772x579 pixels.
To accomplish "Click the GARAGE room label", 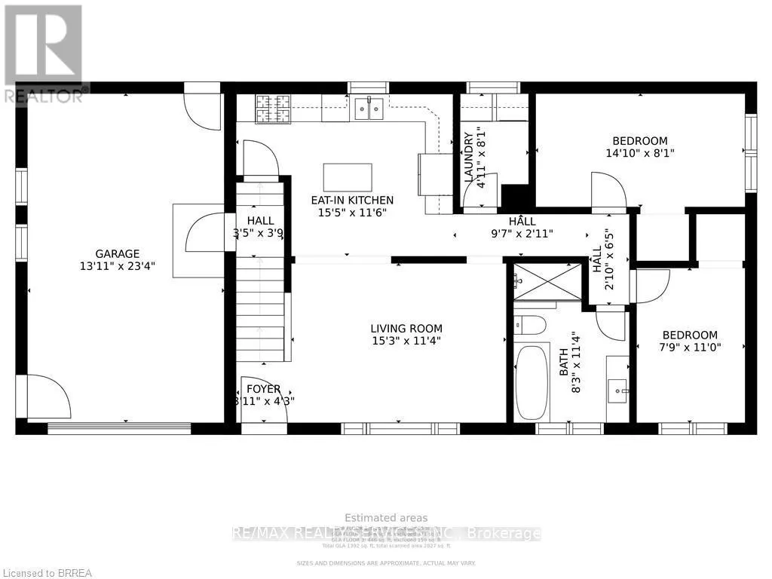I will pos(117,254).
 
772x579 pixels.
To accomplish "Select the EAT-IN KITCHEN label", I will pos(352,201).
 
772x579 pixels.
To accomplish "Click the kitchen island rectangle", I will pos(347,177).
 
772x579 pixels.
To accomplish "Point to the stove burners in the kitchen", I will pos(267,109).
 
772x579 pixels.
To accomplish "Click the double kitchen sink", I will pos(368,110).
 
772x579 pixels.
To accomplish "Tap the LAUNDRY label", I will pos(469,157).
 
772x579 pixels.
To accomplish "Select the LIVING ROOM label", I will pos(406,329).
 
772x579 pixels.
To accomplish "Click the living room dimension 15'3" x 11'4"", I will pos(406,341).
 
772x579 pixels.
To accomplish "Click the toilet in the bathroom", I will pos(532,326).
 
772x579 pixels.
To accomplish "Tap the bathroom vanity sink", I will pos(617,390).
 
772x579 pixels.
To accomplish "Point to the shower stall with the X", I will pos(548,282).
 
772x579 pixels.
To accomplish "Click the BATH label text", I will pos(564,366).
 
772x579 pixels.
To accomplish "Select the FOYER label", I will pos(263,389).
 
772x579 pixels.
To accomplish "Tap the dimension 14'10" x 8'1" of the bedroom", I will pos(639,152).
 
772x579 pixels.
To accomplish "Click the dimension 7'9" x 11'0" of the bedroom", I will pos(690,348).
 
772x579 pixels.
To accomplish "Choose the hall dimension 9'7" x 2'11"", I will pos(522,234).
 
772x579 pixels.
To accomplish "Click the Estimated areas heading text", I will pos(386,518).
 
